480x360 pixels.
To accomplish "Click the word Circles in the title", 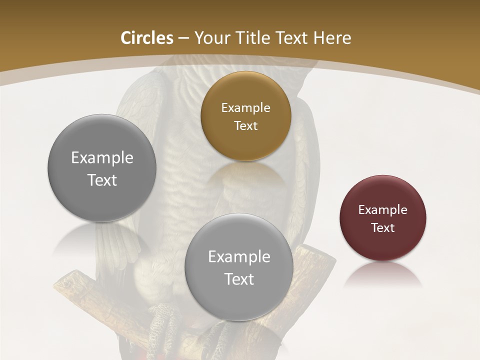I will (146, 38).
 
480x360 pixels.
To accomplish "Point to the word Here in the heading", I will (332, 38).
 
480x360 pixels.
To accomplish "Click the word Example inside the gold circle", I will (245, 107).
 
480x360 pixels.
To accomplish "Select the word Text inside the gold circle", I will (245, 125).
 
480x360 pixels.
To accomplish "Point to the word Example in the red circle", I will (383, 209).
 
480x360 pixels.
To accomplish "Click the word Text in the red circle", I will (383, 227).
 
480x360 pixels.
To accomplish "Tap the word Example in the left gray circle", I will (102, 157).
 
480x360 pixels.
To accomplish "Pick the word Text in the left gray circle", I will (102, 180).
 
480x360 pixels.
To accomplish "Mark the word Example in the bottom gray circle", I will (239, 256).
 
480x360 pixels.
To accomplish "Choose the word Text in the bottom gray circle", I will (239, 279).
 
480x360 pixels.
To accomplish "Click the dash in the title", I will (183, 38).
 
